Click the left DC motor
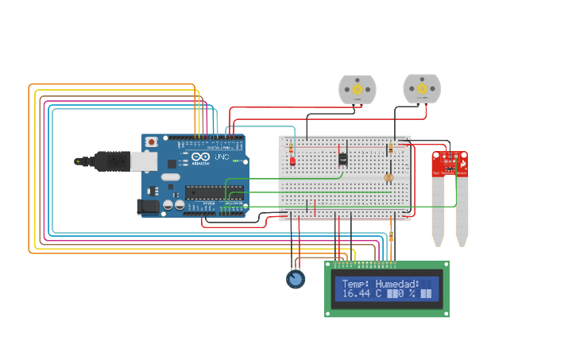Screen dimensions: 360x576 357,90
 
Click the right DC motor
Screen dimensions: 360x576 421,89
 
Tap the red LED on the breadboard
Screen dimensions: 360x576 292,161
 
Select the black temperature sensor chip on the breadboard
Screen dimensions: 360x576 342,158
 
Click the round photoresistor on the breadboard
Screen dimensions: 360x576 389,177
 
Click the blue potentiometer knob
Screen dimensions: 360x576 296,279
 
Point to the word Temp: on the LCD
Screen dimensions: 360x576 355,284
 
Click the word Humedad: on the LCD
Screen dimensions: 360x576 396,284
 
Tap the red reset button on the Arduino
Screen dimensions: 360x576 151,141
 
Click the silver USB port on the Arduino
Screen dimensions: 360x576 144,161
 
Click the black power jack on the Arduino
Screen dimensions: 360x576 148,207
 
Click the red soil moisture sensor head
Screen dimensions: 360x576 450,163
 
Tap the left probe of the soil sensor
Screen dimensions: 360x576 438,211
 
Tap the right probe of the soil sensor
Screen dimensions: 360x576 462,211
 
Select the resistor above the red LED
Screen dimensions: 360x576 291,148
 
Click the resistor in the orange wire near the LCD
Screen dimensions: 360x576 392,236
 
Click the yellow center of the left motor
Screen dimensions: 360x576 357,90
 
